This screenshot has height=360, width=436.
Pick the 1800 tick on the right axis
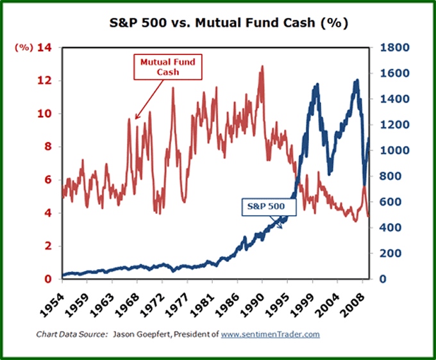(x=393, y=47)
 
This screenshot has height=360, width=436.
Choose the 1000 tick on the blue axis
(x=393, y=151)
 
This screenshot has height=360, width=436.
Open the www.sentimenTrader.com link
(x=271, y=334)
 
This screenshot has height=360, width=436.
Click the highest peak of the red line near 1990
(x=262, y=67)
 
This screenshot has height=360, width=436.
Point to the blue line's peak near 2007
(x=356, y=81)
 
